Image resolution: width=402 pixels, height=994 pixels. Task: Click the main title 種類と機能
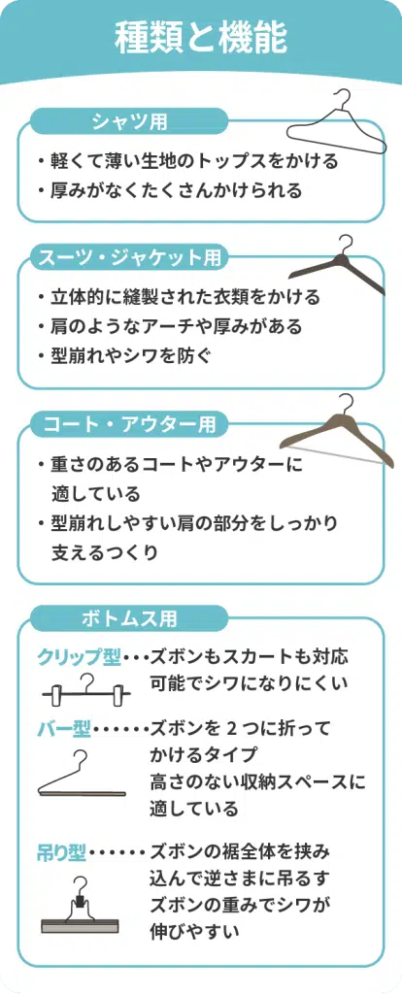coord(200,38)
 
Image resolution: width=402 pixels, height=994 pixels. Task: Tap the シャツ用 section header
coord(129,120)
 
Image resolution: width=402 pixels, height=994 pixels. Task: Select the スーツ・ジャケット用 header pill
coord(129,257)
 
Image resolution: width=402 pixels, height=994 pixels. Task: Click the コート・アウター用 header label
coord(129,424)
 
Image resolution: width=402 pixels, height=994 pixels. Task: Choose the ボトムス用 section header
coord(129,617)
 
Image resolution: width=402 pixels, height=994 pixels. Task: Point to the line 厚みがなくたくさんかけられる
coord(177,189)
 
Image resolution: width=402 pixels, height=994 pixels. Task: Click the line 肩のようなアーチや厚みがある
coord(177,326)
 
